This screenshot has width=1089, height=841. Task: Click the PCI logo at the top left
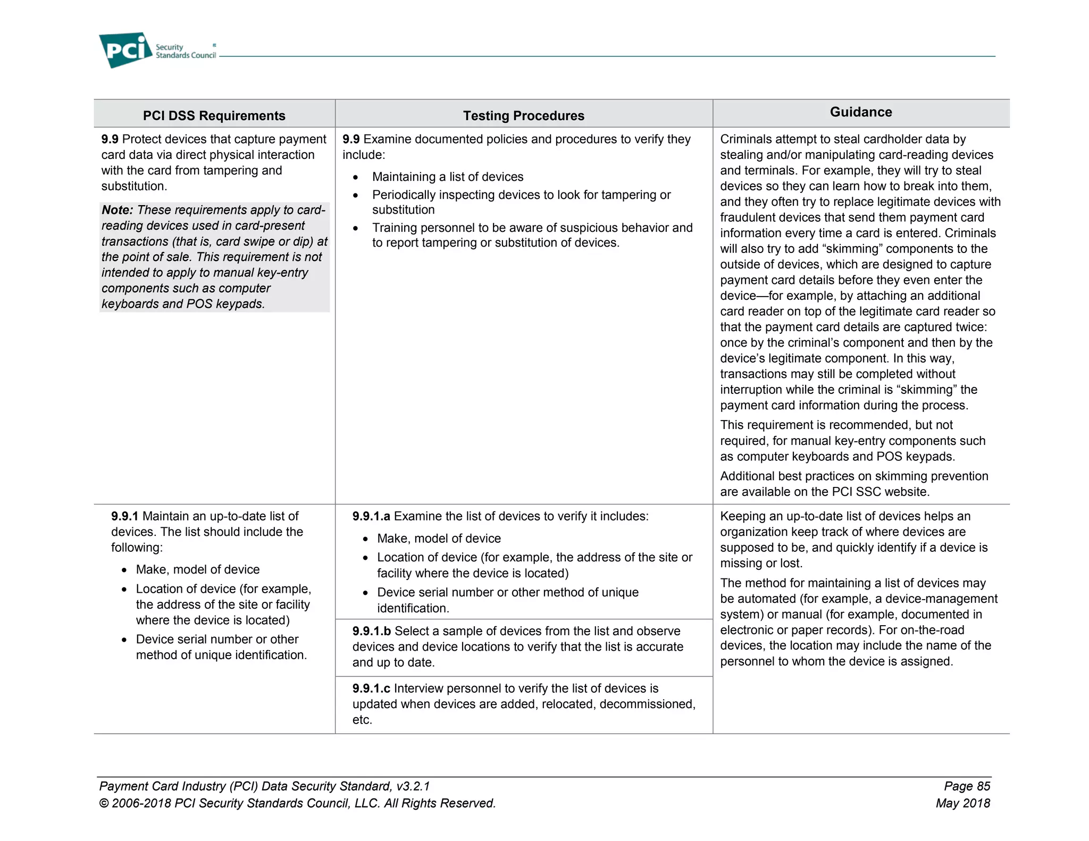[x=125, y=50]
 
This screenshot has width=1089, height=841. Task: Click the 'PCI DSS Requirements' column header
[x=214, y=115]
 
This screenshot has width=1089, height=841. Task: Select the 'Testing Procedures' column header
[x=523, y=115]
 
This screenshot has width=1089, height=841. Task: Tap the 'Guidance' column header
[x=860, y=112]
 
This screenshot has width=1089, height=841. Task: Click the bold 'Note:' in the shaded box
[x=117, y=210]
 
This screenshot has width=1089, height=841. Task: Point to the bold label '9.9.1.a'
[x=371, y=516]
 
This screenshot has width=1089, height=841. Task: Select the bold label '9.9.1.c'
[x=371, y=688]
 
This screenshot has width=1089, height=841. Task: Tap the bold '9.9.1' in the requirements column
[x=124, y=516]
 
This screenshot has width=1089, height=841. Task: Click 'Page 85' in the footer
[x=967, y=786]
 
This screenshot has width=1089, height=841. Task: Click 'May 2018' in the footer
[x=962, y=803]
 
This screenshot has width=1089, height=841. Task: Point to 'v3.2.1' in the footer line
[x=413, y=786]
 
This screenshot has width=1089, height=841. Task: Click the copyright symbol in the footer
[x=104, y=804]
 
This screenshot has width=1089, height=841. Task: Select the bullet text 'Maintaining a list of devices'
[x=448, y=177]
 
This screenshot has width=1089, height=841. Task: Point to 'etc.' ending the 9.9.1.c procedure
[x=362, y=720]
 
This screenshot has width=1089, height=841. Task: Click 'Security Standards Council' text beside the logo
[x=186, y=52]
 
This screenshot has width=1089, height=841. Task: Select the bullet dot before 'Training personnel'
[x=356, y=229]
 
